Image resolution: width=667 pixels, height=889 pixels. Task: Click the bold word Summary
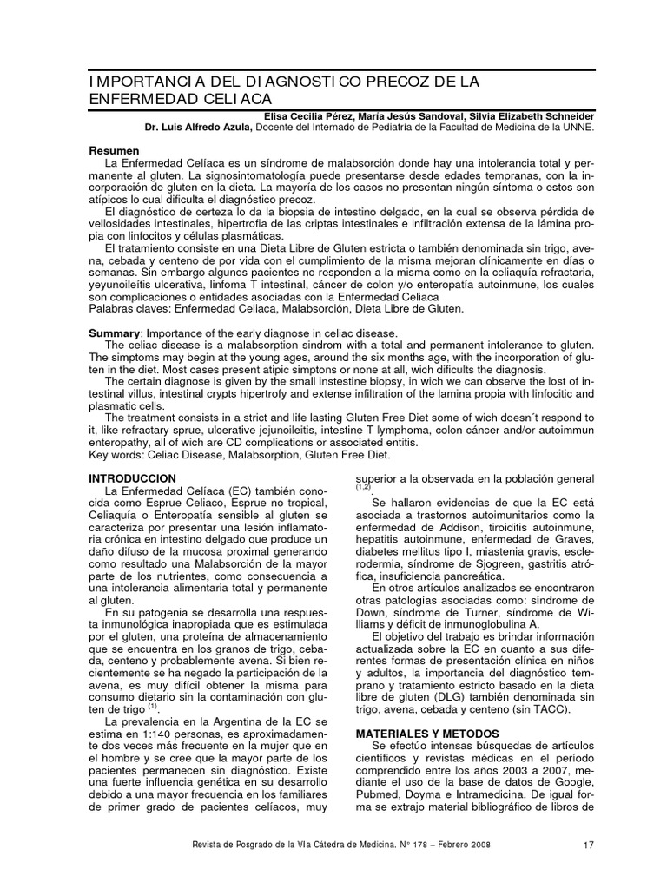pyautogui.click(x=116, y=334)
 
